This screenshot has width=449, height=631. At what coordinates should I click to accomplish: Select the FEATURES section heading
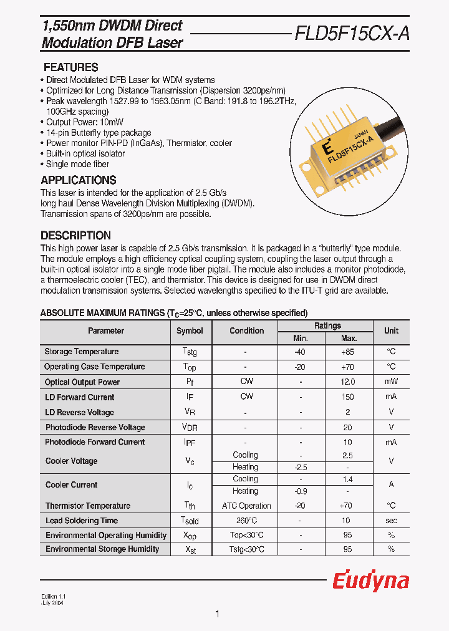[x=70, y=67]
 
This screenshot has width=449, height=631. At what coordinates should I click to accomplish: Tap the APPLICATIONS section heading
[x=78, y=180]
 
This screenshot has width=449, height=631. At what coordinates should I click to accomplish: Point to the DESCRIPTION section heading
[x=75, y=236]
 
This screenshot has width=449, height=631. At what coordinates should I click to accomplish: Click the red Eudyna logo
[x=370, y=581]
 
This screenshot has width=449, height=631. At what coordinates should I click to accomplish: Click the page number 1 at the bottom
[x=217, y=614]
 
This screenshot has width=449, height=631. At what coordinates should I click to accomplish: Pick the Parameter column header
[x=106, y=331]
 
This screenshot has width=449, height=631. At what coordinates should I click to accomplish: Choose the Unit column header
[x=391, y=331]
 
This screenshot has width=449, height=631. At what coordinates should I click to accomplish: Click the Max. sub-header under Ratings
[x=349, y=338]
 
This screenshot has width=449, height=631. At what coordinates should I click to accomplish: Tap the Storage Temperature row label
[x=81, y=352]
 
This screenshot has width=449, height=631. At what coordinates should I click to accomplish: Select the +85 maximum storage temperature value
[x=348, y=352]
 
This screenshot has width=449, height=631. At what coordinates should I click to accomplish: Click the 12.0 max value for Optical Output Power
[x=348, y=382]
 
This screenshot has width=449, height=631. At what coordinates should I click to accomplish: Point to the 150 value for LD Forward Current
[x=348, y=397]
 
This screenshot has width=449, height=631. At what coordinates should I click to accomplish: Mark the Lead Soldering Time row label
[x=81, y=521]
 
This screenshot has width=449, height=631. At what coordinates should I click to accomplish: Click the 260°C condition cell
[x=245, y=521]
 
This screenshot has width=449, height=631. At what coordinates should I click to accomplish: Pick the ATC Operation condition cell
[x=246, y=506]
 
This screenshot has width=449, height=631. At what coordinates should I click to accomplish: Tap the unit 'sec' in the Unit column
[x=391, y=521]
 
